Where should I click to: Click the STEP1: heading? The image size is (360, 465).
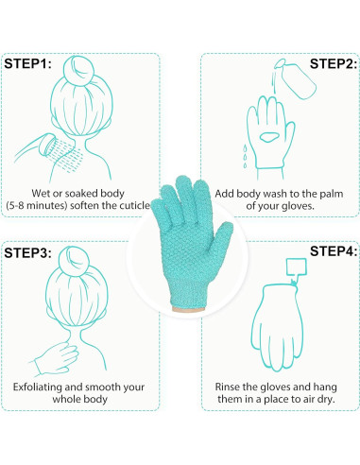[27, 63]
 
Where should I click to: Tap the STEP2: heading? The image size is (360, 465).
[334, 63]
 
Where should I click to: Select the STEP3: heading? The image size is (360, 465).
[27, 252]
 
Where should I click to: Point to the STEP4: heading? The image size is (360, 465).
[334, 251]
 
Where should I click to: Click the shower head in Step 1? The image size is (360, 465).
[47, 145]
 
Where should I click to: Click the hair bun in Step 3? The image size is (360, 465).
[74, 261]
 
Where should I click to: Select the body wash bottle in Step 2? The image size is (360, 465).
[296, 79]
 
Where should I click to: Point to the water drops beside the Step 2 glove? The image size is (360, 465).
[245, 156]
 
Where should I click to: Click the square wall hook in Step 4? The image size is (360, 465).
[296, 267]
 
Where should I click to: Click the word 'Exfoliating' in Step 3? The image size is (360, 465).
[38, 387]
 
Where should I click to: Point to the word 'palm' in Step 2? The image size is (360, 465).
[332, 194]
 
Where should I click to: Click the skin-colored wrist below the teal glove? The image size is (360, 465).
[188, 309]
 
